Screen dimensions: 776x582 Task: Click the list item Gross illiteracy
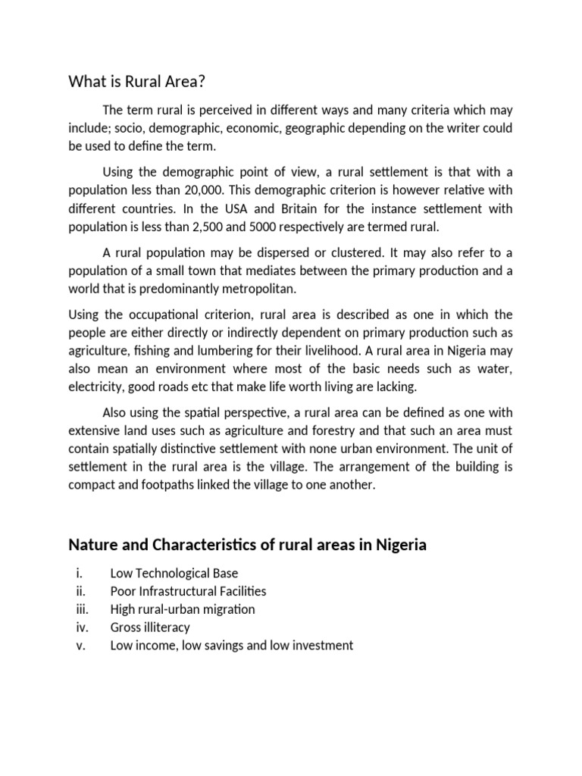(x=150, y=627)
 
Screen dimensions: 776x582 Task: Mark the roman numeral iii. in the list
(x=82, y=609)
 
